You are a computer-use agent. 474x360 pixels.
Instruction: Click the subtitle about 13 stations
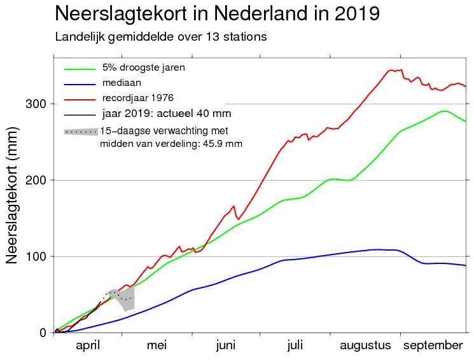[x=160, y=37]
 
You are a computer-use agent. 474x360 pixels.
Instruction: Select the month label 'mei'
[x=157, y=345]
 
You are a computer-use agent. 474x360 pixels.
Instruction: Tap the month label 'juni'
[x=226, y=345]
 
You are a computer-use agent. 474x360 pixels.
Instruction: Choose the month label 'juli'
[x=295, y=345]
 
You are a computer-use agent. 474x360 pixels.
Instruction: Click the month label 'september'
[x=434, y=345]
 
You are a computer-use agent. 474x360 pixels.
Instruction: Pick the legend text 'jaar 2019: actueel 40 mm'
[x=166, y=114]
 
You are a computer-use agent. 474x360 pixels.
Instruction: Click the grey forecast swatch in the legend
[x=81, y=132]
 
